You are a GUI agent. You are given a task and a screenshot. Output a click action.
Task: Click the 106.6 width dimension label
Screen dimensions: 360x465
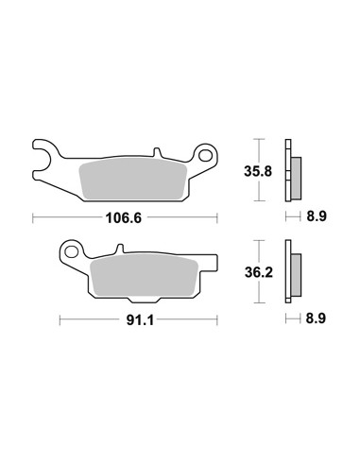point(124,218)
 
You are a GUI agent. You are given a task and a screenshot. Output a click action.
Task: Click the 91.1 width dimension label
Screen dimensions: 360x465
point(140,320)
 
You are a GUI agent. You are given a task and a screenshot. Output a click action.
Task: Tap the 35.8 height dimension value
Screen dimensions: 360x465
point(258,172)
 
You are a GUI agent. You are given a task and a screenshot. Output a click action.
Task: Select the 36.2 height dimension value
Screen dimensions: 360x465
point(259,273)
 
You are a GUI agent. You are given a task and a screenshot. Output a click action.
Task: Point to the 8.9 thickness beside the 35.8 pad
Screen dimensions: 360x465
point(317,216)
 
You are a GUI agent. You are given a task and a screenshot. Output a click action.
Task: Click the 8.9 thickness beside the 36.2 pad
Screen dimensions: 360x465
point(316,319)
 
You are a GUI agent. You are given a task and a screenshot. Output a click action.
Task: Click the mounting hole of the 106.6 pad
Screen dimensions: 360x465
point(205,155)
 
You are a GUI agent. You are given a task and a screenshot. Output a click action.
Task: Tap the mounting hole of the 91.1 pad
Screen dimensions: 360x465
point(72,252)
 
